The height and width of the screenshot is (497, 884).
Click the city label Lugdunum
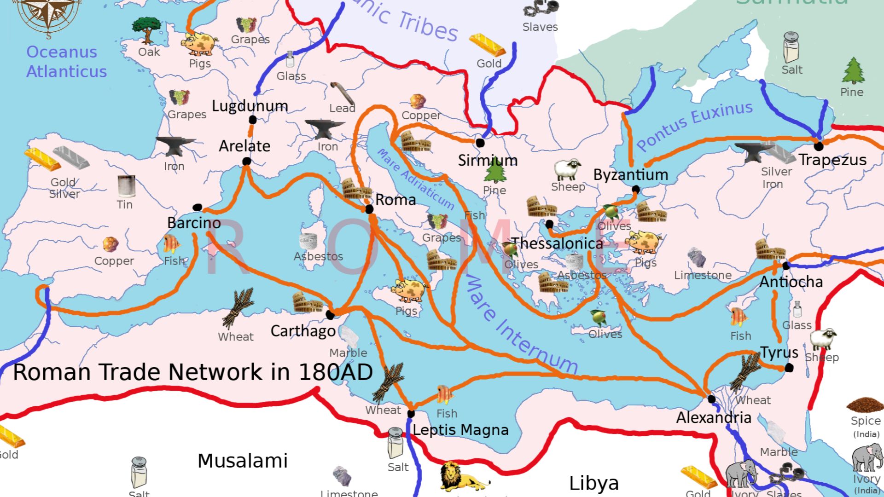click(x=250, y=106)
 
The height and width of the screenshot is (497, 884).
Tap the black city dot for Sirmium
click(x=480, y=143)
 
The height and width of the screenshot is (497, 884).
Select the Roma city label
click(x=395, y=200)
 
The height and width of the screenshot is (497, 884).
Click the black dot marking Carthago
click(x=330, y=315)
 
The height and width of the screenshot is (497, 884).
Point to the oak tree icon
click(x=146, y=30)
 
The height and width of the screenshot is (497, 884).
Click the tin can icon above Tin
click(x=126, y=186)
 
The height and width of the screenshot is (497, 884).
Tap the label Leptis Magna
click(x=460, y=430)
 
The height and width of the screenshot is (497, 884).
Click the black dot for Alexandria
click(x=711, y=399)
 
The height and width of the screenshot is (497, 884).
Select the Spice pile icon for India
click(x=864, y=405)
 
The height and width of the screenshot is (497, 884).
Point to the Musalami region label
click(x=243, y=461)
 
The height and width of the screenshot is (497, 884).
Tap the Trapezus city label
click(x=832, y=160)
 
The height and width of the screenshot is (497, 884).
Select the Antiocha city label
click(x=791, y=282)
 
